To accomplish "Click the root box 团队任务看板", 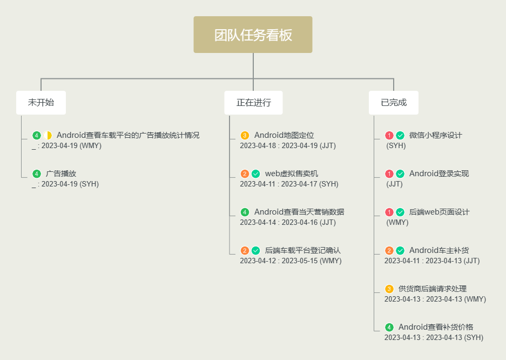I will [253, 35].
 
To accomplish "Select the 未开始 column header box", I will [41, 103].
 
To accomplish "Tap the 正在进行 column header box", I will [253, 103].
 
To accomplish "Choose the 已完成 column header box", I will [394, 103].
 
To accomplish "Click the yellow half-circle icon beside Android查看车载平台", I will [48, 135].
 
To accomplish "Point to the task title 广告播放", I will [61, 174].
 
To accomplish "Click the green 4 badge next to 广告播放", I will [37, 174].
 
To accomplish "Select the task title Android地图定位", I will [284, 136].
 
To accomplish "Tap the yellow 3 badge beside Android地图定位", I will [245, 136].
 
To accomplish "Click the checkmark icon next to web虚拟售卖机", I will [256, 174].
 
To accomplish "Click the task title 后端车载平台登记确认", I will [302, 251].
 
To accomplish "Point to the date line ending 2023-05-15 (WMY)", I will [291, 261].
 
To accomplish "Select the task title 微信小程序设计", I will [435, 136].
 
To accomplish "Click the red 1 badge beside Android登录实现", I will [389, 174].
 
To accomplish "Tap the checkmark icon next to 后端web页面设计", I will [400, 212].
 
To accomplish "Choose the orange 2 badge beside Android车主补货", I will [389, 251].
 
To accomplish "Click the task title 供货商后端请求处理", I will [432, 289].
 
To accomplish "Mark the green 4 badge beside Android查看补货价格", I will [389, 328].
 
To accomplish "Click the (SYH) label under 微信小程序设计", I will [396, 146].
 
